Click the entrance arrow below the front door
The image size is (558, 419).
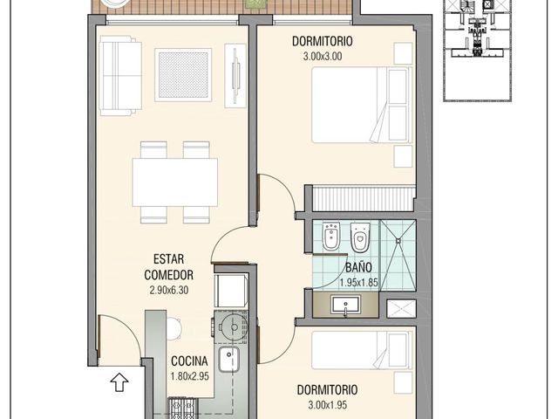[119, 382]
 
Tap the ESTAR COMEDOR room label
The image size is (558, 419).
[168, 267]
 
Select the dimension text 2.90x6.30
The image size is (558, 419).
[168, 290]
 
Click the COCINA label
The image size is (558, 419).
[189, 361]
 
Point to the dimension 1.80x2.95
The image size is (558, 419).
[190, 376]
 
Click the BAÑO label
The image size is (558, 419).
[358, 267]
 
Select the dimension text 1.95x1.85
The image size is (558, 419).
[358, 283]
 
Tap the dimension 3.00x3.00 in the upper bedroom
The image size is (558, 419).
[323, 56]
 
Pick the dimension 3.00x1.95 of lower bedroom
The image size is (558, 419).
[328, 405]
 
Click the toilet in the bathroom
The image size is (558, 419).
[360, 237]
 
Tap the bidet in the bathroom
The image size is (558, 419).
[331, 237]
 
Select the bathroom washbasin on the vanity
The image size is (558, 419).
[345, 305]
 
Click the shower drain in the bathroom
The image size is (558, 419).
[398, 241]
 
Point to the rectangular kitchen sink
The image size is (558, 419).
[228, 359]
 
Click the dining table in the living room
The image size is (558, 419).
[175, 182]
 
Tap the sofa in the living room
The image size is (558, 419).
[120, 76]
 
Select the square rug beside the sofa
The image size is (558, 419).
[183, 75]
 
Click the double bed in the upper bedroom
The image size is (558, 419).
[362, 105]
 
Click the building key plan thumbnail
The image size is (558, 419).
[478, 51]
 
